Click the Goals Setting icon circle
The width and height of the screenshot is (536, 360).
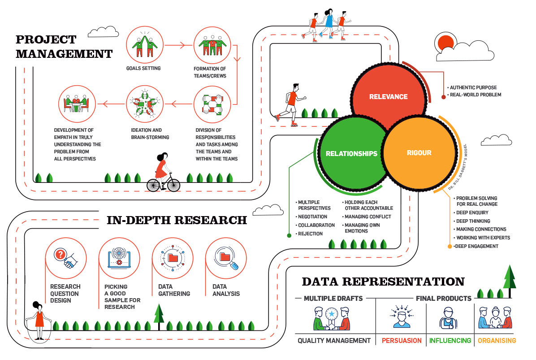coord(144,45)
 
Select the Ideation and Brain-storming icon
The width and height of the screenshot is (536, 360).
coord(144,104)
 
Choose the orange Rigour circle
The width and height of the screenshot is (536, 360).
coord(419,153)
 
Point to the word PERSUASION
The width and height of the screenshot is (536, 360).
coord(402,341)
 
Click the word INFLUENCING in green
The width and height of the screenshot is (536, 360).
coord(450,341)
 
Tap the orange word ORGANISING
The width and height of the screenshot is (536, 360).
coord(497,341)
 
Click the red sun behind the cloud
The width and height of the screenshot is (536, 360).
coord(446,43)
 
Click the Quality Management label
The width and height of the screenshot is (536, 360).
coord(334,341)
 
